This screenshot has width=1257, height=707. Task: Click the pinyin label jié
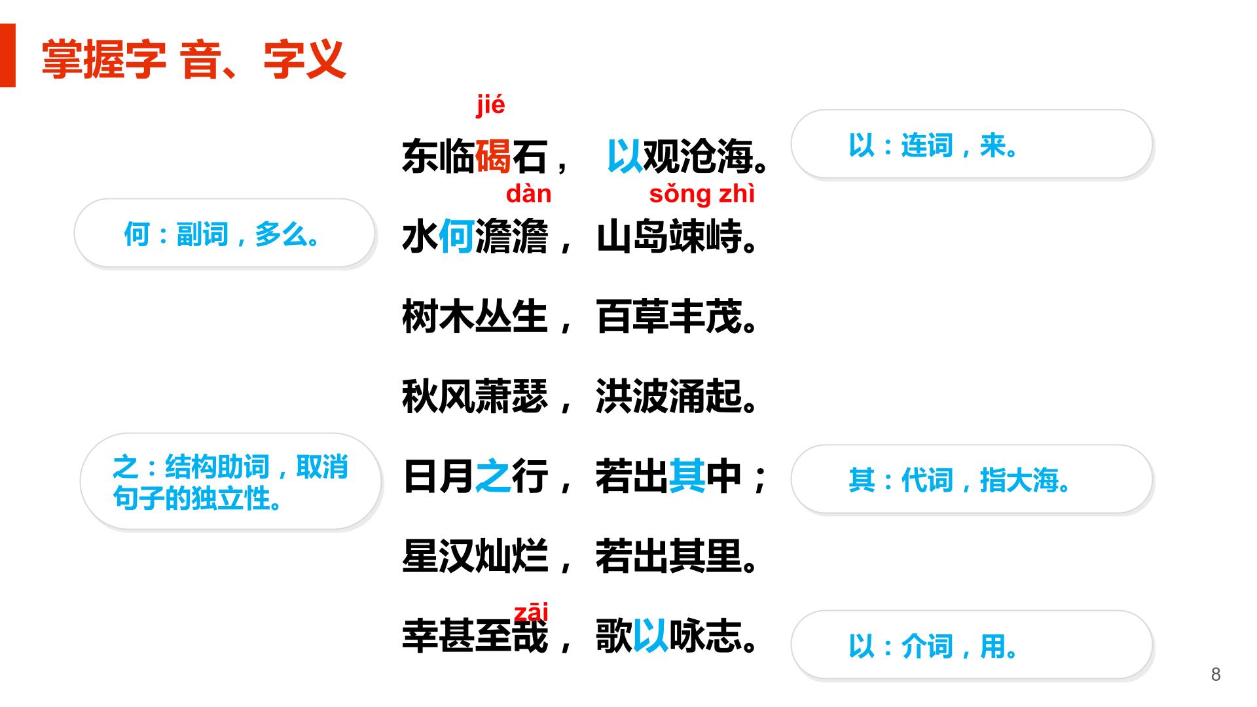click(x=490, y=105)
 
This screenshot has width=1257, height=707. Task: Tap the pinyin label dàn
click(x=528, y=194)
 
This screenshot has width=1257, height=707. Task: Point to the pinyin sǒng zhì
click(x=702, y=194)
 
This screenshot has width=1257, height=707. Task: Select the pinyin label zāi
click(x=531, y=612)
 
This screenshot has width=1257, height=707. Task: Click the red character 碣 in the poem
click(x=492, y=156)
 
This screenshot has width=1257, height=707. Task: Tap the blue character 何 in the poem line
click(x=456, y=236)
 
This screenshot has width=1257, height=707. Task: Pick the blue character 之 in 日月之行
click(x=492, y=476)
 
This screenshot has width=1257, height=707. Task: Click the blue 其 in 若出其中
click(x=687, y=476)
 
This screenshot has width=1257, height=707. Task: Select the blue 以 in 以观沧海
click(x=625, y=156)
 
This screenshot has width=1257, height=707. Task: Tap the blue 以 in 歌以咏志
click(x=650, y=636)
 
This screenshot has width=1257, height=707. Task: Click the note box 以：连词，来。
click(x=972, y=144)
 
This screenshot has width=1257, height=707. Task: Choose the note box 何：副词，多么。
click(x=225, y=233)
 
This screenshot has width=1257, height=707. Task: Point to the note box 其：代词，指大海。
click(x=972, y=479)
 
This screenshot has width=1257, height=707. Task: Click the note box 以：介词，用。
click(x=972, y=645)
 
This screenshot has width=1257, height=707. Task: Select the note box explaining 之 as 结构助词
click(x=230, y=482)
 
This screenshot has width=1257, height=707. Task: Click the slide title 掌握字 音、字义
click(x=194, y=60)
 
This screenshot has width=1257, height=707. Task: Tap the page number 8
click(x=1216, y=675)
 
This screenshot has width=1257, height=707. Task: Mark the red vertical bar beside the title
click(x=7, y=55)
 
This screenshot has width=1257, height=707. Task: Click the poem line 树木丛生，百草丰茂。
click(x=580, y=317)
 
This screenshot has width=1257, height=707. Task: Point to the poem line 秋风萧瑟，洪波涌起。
click(x=580, y=397)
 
